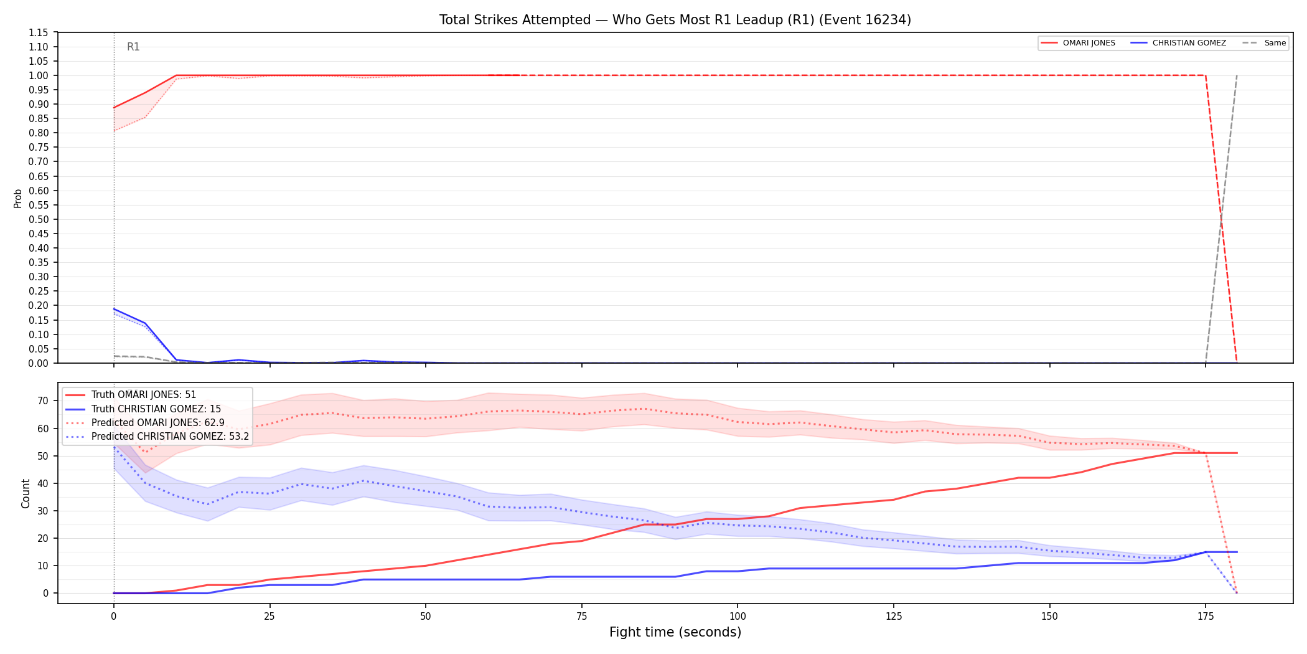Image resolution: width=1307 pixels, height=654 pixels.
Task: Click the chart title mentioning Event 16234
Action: point(675,20)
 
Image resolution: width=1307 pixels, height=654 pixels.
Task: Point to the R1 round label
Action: point(133,47)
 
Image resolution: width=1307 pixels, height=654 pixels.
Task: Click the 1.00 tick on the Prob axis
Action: point(39,75)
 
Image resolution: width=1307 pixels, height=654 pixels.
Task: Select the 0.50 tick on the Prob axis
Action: point(39,219)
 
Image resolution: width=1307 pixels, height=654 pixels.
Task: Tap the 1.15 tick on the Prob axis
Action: point(39,32)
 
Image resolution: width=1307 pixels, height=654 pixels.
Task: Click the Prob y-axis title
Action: point(18,198)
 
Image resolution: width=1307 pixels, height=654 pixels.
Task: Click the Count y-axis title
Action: point(26,493)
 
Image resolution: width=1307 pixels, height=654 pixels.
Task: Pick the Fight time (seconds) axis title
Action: point(675,632)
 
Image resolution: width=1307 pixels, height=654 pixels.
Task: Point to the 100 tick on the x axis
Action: point(737,617)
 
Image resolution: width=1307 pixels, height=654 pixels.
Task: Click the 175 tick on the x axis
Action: point(1206,617)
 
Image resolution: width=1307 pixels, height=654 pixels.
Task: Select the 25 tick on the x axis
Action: point(269,617)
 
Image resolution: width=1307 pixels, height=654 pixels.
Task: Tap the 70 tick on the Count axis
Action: point(43,401)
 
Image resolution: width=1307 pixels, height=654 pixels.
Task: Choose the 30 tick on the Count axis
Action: point(43,511)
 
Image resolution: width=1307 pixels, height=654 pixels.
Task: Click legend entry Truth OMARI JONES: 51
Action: point(144,395)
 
